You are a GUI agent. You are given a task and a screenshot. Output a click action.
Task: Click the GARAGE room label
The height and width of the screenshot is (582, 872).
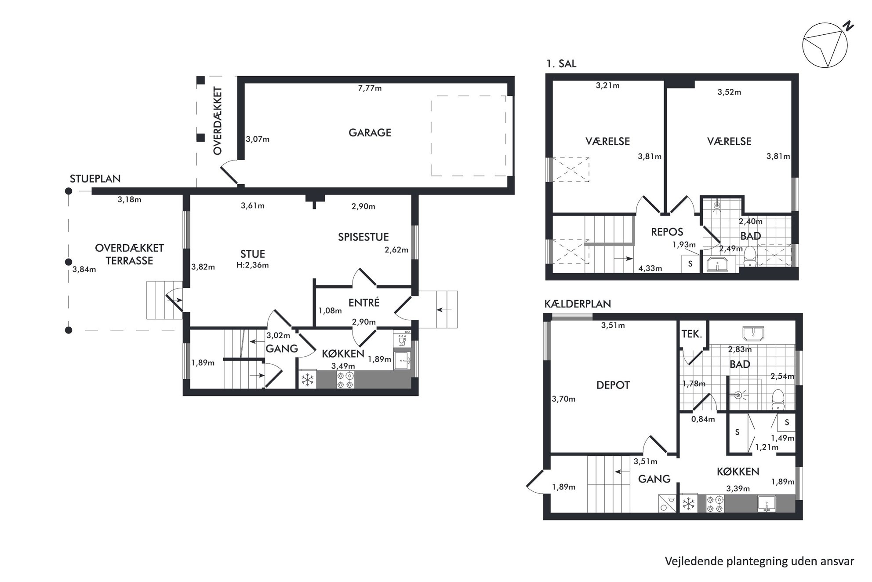[370, 132]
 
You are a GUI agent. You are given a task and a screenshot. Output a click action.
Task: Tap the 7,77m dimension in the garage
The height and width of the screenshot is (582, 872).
[370, 88]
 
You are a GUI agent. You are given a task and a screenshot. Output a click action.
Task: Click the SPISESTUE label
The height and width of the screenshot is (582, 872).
[363, 237]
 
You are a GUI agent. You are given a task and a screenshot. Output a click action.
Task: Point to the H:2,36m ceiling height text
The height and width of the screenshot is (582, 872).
[252, 265]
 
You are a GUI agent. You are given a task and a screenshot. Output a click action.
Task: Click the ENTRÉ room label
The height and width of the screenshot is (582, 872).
[363, 303]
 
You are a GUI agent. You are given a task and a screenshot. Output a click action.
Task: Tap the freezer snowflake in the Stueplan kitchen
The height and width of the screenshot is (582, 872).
[307, 380]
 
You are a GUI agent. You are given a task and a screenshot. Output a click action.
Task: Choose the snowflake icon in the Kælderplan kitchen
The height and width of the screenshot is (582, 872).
[688, 503]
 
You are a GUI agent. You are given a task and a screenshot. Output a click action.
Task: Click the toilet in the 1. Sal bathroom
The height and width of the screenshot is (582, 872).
[749, 257]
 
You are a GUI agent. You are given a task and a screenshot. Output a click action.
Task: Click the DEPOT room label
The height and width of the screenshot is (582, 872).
[613, 385]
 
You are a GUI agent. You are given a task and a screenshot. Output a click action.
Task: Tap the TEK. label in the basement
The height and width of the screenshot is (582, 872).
[691, 334]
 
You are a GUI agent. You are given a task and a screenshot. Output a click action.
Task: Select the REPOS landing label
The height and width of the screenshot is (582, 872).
[667, 232]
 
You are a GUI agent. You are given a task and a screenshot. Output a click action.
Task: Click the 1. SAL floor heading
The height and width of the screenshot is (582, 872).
[561, 64]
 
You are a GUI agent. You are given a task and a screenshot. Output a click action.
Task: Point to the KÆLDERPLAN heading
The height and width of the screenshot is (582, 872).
[578, 304]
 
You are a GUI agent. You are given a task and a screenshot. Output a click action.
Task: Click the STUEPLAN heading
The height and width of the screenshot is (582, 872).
[95, 179]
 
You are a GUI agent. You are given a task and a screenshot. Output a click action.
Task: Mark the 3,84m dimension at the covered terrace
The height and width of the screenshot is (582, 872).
[84, 269]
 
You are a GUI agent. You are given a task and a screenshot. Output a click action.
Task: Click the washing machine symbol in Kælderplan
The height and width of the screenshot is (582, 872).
[668, 503]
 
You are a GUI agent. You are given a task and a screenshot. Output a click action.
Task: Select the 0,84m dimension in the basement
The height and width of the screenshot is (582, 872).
[703, 419]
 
